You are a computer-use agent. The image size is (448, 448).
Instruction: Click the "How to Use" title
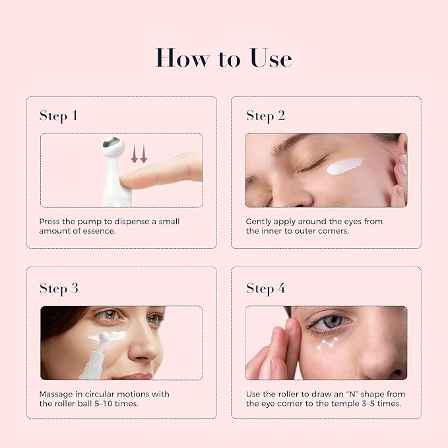point(224,58)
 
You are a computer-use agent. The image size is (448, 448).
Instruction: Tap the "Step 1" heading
point(59,116)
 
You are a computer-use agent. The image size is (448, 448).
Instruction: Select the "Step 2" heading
point(265,116)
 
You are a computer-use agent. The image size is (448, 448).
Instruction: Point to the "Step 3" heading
point(59,288)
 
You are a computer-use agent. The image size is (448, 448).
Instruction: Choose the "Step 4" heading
point(266,288)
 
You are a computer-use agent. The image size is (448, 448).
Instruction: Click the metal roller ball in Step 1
point(112,143)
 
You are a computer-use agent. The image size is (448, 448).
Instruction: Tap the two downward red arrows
point(139,154)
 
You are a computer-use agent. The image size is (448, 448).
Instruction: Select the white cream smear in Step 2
point(344,166)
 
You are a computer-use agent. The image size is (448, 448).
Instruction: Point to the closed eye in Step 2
point(311,164)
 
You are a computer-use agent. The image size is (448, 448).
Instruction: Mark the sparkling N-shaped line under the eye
point(327,343)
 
